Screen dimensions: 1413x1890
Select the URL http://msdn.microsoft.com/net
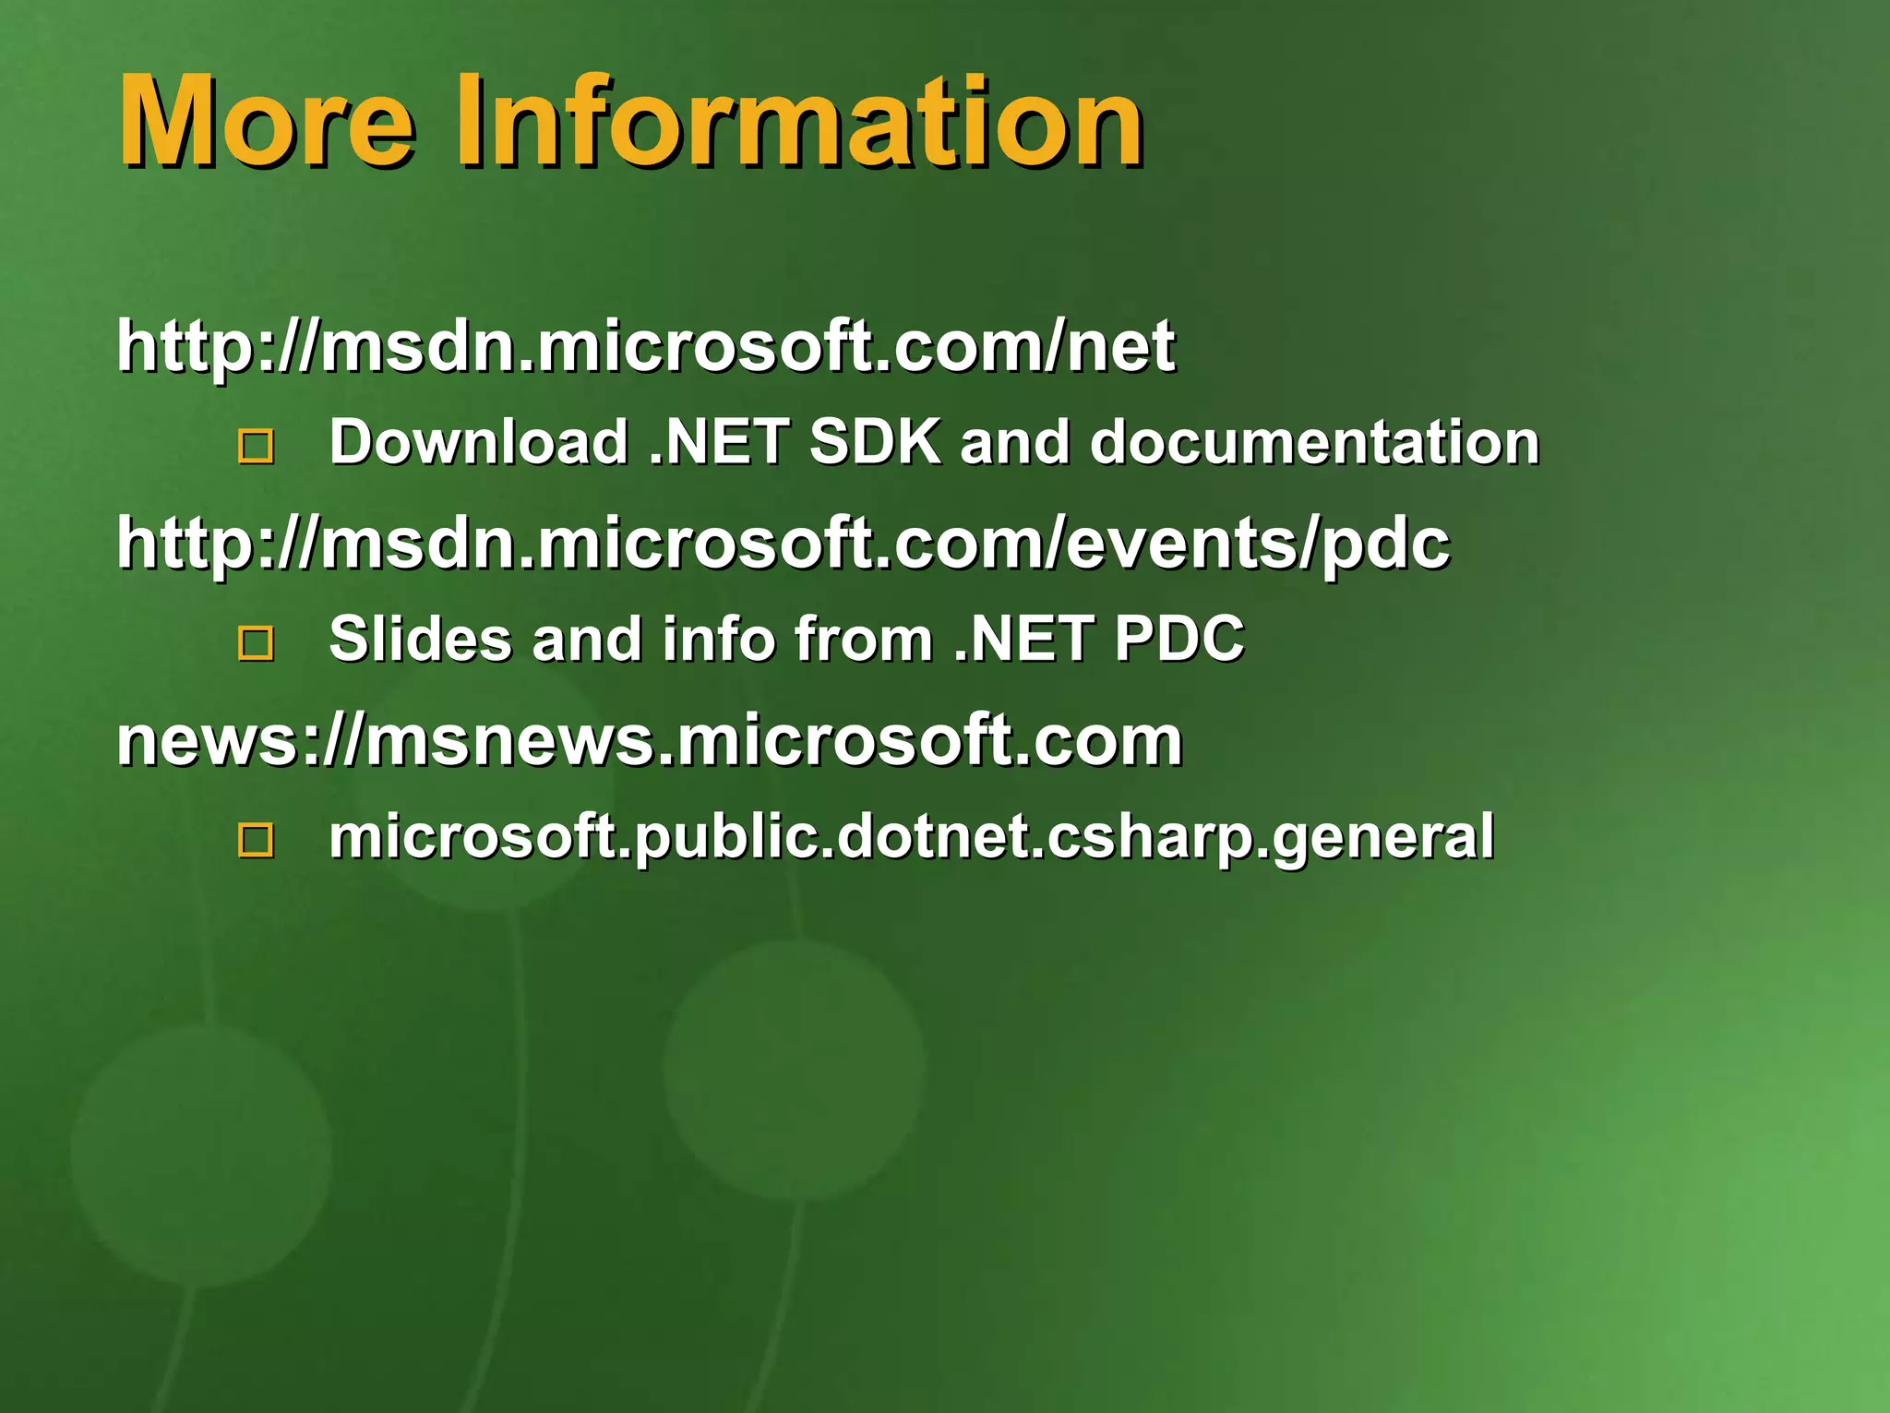[646, 346]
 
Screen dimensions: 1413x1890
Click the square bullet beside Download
[256, 447]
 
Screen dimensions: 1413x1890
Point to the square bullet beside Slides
[256, 643]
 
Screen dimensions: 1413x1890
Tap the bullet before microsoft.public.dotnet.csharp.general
[256, 840]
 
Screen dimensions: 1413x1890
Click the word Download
[479, 442]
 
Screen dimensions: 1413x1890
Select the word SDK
[875, 442]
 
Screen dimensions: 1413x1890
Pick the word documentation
[1314, 442]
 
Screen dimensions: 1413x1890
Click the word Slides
[420, 639]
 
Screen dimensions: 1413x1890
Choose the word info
[719, 639]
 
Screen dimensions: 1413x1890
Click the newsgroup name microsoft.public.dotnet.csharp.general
[911, 837]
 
